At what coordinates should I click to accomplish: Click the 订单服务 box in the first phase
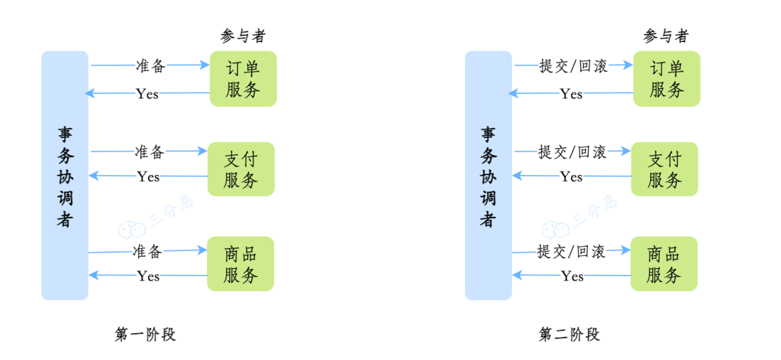point(243,79)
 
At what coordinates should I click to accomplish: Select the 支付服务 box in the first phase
point(241,168)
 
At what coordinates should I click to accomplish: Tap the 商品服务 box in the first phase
point(241,264)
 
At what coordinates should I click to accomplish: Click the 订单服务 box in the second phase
point(667,79)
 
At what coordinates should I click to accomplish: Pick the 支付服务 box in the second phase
point(665,168)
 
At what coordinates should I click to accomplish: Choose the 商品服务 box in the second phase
point(664,264)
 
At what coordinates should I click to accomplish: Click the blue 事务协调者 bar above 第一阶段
point(64,175)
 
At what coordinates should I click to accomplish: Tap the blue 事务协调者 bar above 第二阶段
point(488,175)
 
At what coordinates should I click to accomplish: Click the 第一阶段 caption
point(145,334)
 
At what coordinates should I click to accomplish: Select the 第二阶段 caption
point(569,334)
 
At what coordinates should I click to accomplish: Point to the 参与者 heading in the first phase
point(242,35)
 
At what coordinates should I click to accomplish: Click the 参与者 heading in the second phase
point(666,35)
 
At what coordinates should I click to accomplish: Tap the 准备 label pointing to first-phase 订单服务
point(150,66)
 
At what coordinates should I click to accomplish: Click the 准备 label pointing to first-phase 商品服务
point(148,251)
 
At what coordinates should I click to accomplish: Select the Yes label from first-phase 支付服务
point(148,176)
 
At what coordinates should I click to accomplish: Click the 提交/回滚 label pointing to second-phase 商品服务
point(571,251)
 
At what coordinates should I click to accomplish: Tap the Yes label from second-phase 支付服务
point(571,176)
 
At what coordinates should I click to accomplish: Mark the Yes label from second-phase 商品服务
point(572,276)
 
